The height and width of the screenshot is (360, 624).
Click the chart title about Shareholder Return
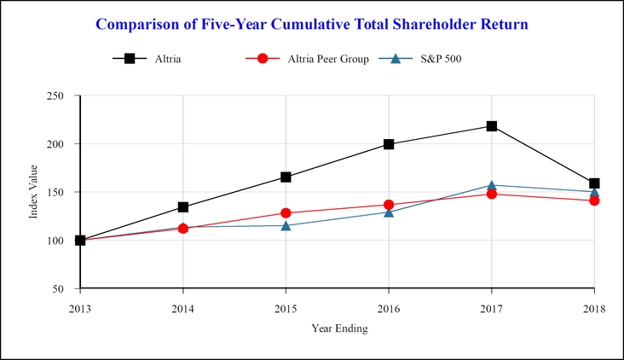[x=312, y=24]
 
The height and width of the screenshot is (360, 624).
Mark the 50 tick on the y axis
[x=65, y=289]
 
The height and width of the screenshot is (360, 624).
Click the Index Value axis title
[x=35, y=193]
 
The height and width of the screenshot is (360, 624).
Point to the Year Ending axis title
[x=338, y=328]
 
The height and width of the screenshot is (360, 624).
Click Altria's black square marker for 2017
[x=492, y=126]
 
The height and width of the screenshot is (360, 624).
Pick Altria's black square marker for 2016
[x=389, y=144]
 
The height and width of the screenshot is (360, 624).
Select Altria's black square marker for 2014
[x=183, y=207]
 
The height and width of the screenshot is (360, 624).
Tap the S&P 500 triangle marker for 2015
[x=286, y=225]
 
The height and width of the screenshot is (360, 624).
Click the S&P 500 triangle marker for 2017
[x=492, y=185]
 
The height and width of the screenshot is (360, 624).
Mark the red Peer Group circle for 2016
[x=389, y=205]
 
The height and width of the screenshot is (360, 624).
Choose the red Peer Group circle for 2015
[x=286, y=213]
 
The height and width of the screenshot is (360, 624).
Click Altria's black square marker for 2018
[x=594, y=183]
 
